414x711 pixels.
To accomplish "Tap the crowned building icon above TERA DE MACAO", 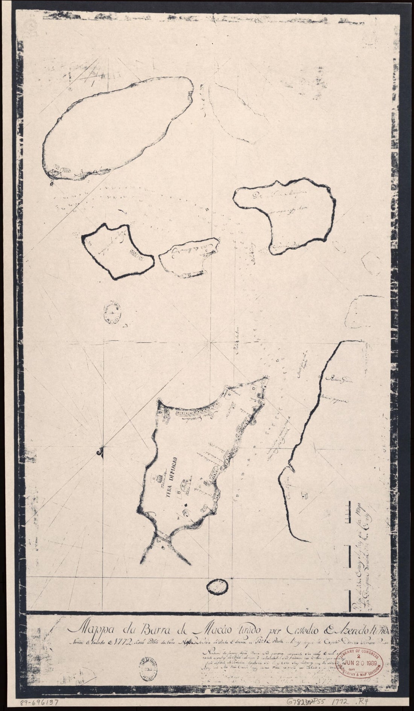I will click(x=158, y=466).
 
